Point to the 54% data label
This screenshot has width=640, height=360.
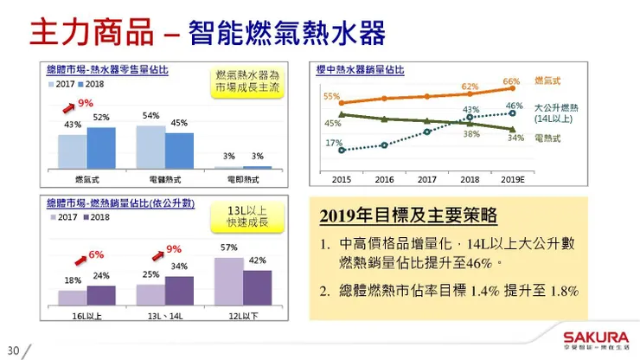pyautogui.click(x=150, y=116)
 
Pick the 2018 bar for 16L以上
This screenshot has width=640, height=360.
pyautogui.click(x=100, y=295)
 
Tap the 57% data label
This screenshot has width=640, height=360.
pyautogui.click(x=229, y=247)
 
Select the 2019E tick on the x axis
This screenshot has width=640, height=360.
pyautogui.click(x=512, y=180)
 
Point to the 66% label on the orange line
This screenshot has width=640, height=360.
pyautogui.click(x=511, y=80)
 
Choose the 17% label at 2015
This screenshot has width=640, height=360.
pyautogui.click(x=334, y=143)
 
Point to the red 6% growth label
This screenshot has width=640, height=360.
pyautogui.click(x=96, y=254)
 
